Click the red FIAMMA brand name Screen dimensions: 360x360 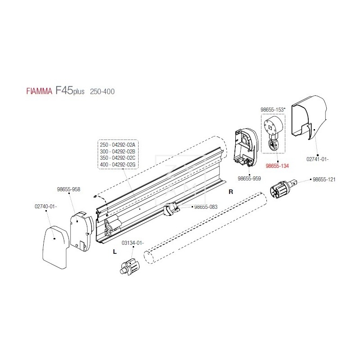[39, 92]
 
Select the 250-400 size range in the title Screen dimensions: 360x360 [102, 92]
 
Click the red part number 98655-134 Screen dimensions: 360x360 [277, 166]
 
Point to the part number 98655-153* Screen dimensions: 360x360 [272, 109]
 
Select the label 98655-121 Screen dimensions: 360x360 [324, 179]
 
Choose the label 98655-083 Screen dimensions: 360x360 [206, 207]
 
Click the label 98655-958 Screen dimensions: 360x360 [69, 189]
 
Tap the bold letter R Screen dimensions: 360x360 [231, 192]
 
